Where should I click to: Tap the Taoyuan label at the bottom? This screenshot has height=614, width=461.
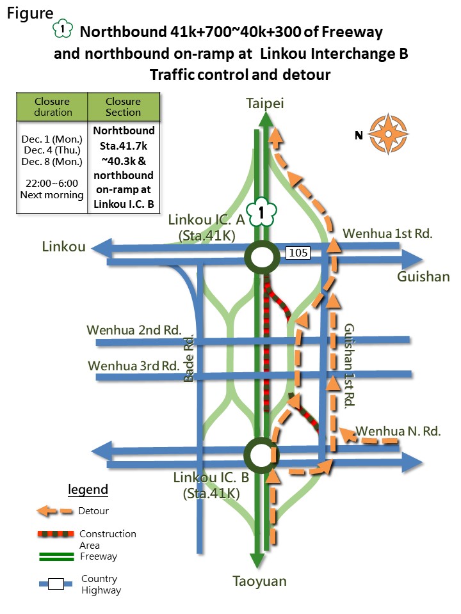coord(260,581)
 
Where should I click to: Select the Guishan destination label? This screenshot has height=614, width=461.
coord(423,277)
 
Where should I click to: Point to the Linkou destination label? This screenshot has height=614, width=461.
coord(64,247)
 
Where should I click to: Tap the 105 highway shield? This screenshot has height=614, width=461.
coord(299,253)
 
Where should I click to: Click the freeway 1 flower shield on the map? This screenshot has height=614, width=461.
coord(261,212)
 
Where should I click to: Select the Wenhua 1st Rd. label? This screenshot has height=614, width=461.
coord(388,234)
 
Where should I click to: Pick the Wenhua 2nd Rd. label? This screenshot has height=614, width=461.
coord(134,330)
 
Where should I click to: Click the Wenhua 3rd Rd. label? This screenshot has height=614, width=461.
coord(134,366)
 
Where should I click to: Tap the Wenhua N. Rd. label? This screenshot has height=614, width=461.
coord(398,431)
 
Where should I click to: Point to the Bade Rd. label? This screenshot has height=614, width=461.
coord(189,359)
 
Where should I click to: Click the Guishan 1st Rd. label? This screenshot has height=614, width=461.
coord(350,366)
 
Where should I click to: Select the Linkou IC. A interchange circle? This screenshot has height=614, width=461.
coord(261,258)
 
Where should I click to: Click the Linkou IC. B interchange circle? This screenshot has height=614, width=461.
coord(261,455)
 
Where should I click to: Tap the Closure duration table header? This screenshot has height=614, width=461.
coord(53,107)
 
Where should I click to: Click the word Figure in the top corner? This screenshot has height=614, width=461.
coord(31,14)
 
